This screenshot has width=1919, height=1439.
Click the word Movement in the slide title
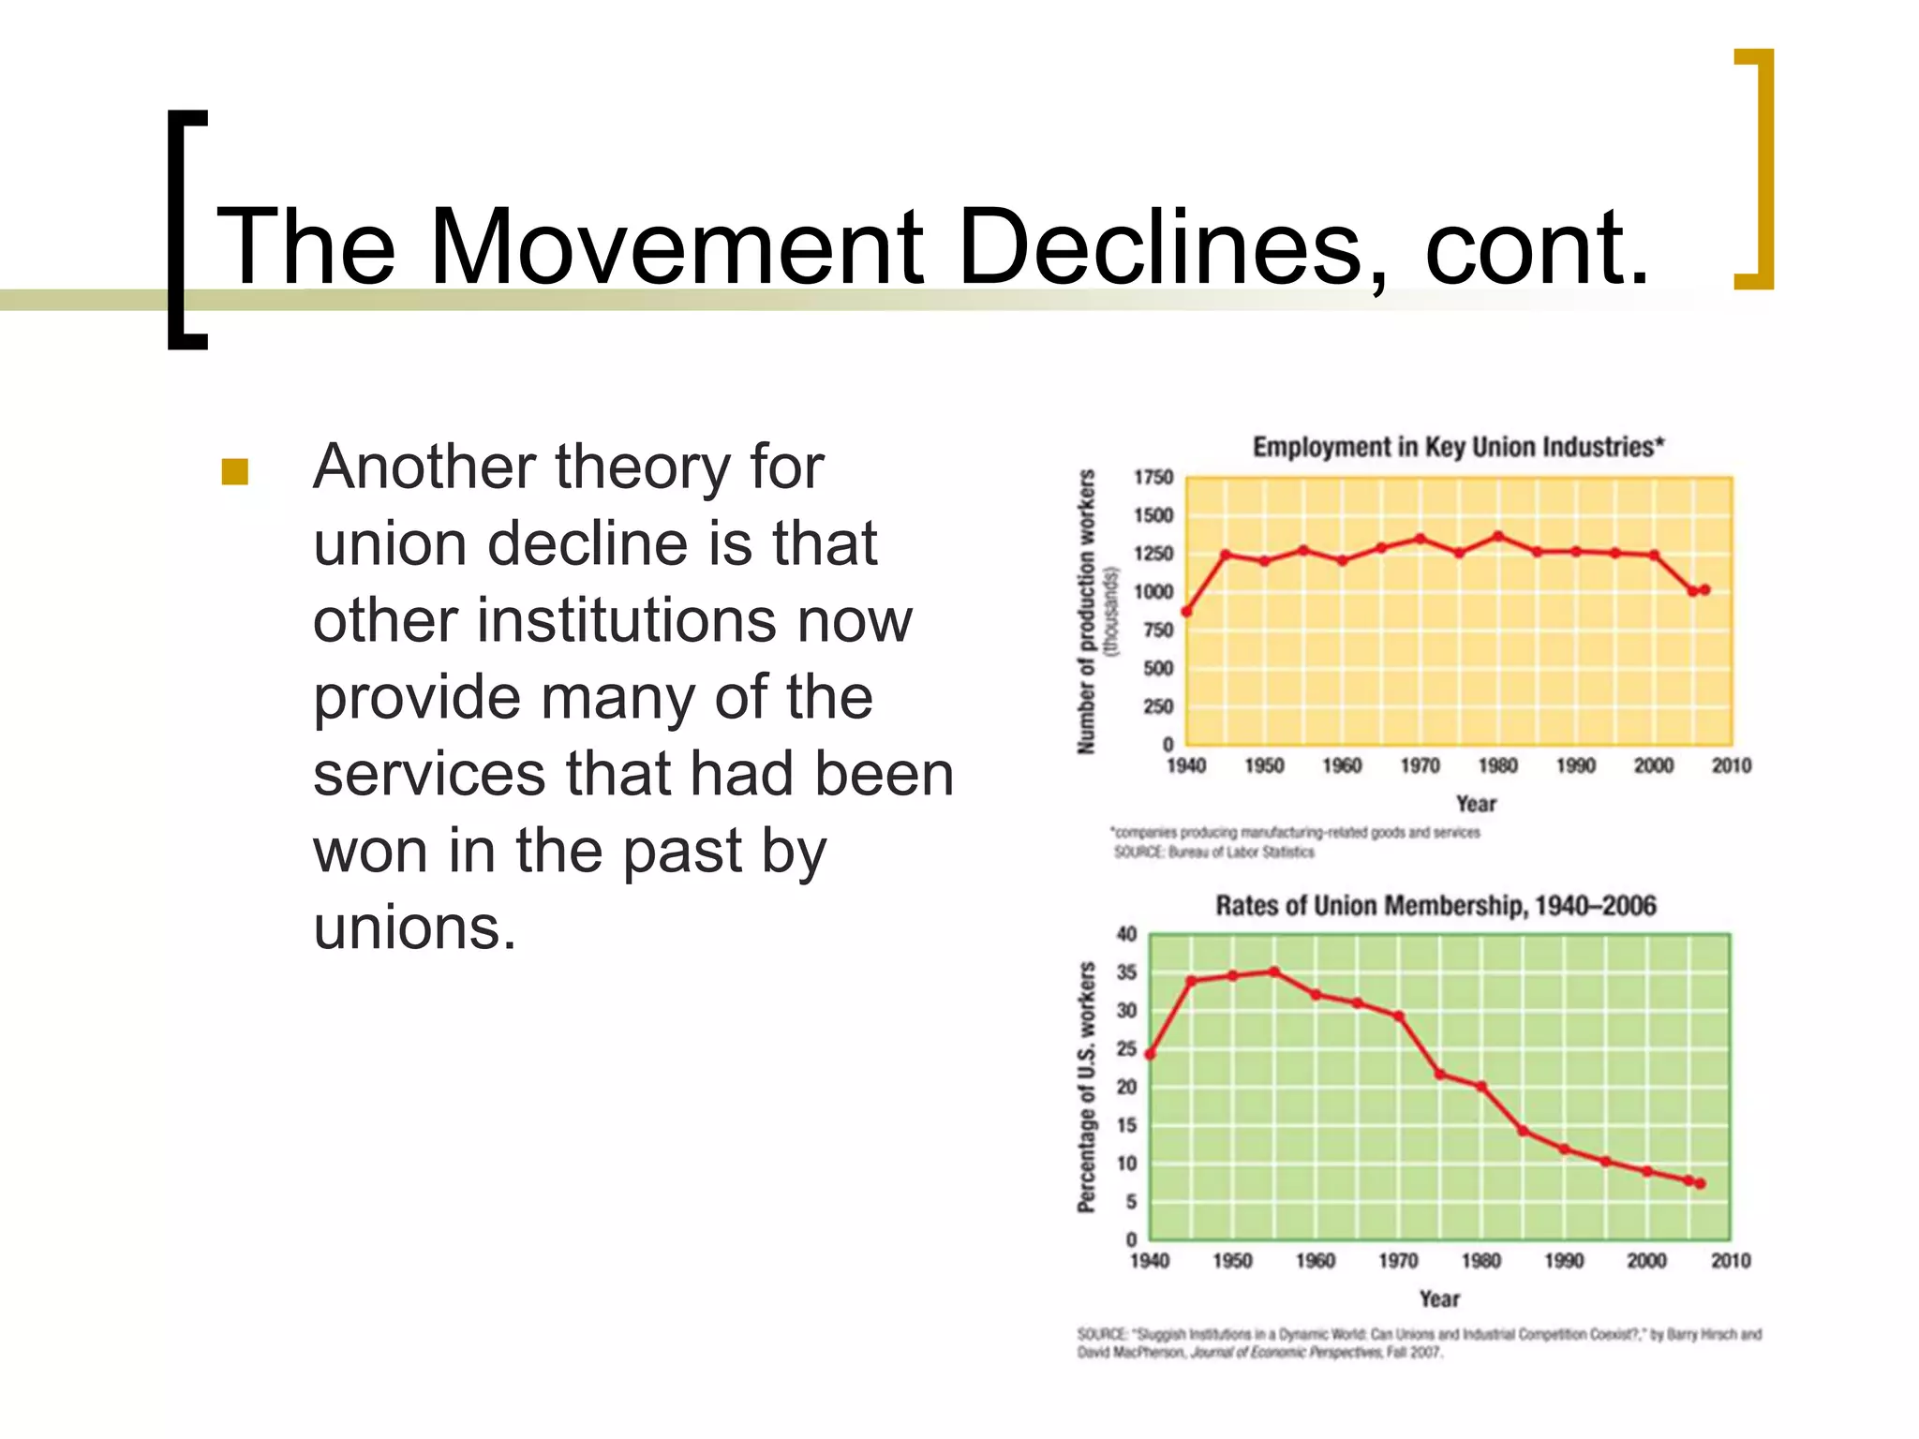click(x=675, y=248)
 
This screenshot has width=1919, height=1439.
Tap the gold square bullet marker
click(x=234, y=471)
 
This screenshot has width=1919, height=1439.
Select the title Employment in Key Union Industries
click(x=1458, y=447)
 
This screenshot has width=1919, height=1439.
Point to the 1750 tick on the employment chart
click(x=1153, y=478)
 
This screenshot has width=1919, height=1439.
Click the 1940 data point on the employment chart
click(x=1186, y=612)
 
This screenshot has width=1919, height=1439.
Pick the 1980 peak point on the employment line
click(x=1497, y=536)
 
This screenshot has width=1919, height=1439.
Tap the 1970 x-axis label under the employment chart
click(x=1420, y=766)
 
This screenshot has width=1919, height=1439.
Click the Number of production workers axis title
click(x=1087, y=612)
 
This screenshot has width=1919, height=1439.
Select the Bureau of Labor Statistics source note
click(x=1213, y=853)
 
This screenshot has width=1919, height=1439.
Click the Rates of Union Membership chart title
click(x=1436, y=906)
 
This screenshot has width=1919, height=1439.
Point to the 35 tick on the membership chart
click(x=1127, y=972)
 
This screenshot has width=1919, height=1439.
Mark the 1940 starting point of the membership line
click(x=1150, y=1054)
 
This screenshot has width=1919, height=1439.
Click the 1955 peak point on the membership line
click(x=1274, y=972)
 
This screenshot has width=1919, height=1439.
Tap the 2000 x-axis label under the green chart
click(x=1646, y=1261)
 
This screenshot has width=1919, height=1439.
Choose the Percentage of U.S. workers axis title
click(x=1087, y=1087)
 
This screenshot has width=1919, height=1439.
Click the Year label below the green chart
click(x=1438, y=1299)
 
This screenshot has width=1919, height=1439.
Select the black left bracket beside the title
click(x=186, y=230)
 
